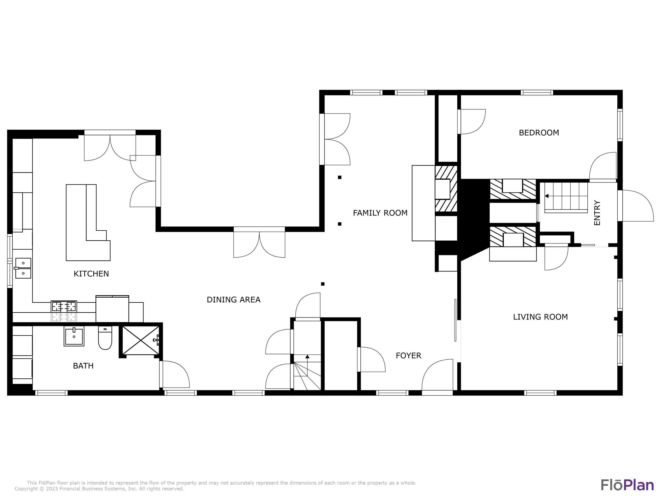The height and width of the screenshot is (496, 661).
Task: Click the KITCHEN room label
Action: pyautogui.click(x=91, y=274)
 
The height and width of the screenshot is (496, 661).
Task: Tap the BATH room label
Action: pyautogui.click(x=83, y=366)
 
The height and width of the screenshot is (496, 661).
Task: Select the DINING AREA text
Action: pyautogui.click(x=233, y=300)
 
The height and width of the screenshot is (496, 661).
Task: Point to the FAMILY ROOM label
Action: pyautogui.click(x=380, y=213)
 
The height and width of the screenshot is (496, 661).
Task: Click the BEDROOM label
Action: pyautogui.click(x=539, y=133)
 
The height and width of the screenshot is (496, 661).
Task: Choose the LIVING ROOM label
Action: pyautogui.click(x=540, y=317)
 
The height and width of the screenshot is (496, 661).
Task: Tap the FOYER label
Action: pyautogui.click(x=408, y=356)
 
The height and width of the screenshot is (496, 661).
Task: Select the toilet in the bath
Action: pyautogui.click(x=105, y=338)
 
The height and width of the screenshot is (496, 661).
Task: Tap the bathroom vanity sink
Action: pyautogui.click(x=74, y=336)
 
